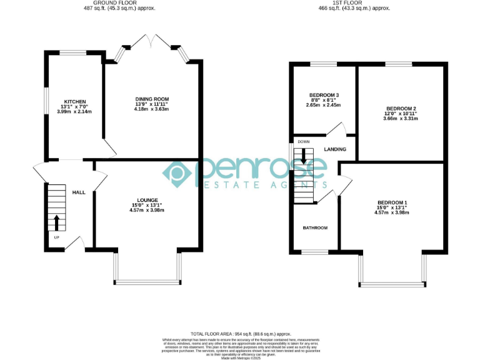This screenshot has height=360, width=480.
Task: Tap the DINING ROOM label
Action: click(x=152, y=99)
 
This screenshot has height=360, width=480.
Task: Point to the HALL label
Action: click(x=79, y=192)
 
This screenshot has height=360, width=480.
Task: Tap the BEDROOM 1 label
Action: click(x=392, y=202)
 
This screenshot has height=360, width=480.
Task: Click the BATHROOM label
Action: click(x=315, y=228)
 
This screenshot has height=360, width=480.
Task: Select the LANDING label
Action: click(x=335, y=150)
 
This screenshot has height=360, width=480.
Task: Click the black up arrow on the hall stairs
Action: click(x=57, y=222)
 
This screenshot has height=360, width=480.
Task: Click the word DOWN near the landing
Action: click(x=304, y=141)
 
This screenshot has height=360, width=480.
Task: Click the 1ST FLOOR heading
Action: click(x=354, y=2)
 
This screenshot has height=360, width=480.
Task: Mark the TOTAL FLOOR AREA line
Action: click(x=240, y=335)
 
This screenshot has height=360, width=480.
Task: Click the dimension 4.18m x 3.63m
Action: click(x=152, y=109)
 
